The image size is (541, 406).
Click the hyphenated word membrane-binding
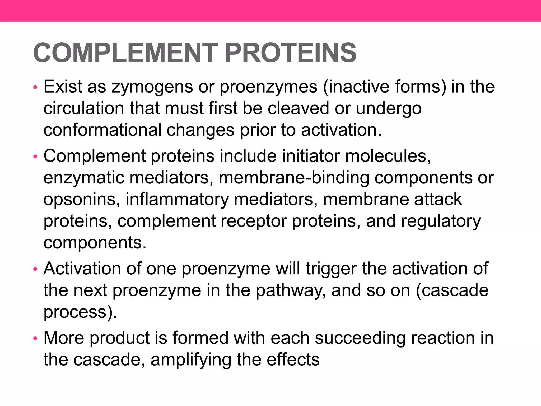tap(294, 178)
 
